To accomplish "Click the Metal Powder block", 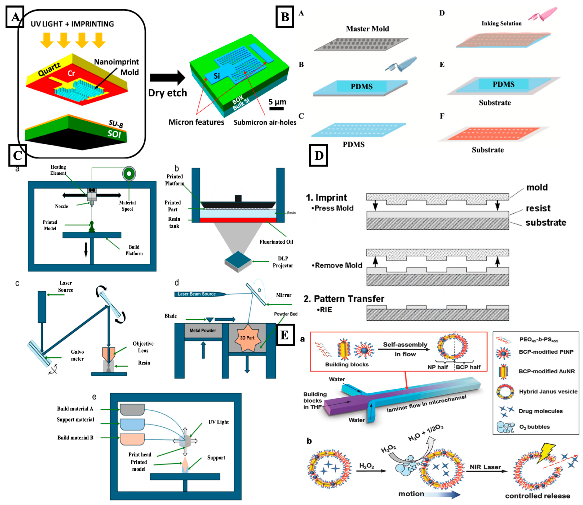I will tap(203, 330).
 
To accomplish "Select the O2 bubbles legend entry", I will tap(534, 427).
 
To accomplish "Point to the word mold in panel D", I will tap(537, 187).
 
